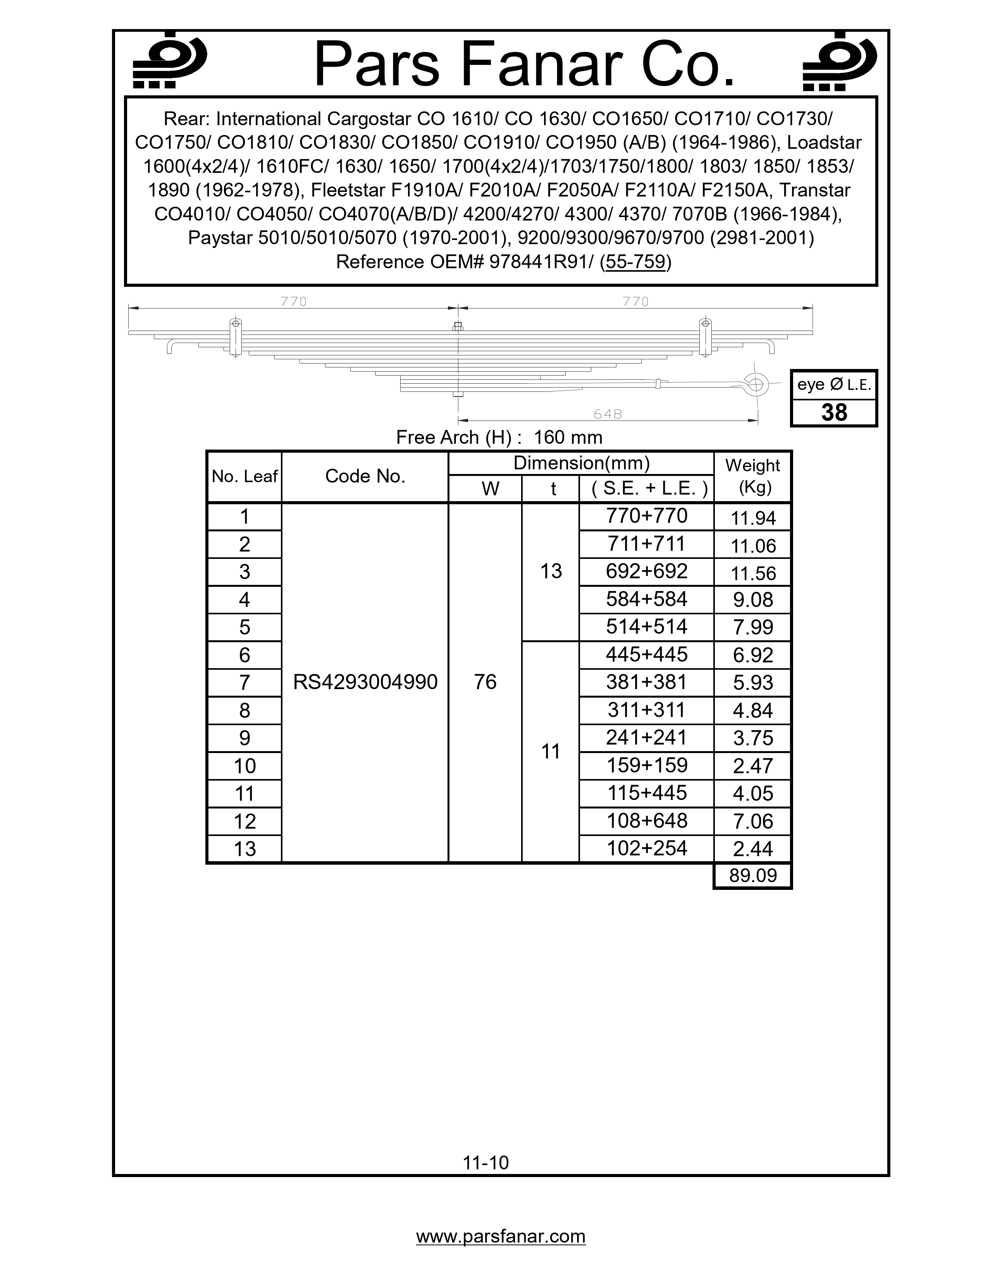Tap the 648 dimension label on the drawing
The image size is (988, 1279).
coord(608,414)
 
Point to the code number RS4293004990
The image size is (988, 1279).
coord(365,682)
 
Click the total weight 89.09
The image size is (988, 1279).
coord(753,876)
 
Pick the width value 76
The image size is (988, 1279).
coord(485,682)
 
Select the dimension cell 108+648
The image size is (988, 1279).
coord(647,820)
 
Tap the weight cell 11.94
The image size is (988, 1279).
coord(753,518)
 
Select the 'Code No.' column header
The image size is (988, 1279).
coord(365,476)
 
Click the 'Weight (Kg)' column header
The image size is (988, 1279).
coord(753,476)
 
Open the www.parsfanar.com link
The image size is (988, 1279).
coord(501,1236)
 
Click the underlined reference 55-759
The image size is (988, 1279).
coord(636,262)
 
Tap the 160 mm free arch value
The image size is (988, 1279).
coord(568,438)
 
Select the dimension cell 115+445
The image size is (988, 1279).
coord(647,793)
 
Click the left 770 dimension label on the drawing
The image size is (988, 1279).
coord(293,302)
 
